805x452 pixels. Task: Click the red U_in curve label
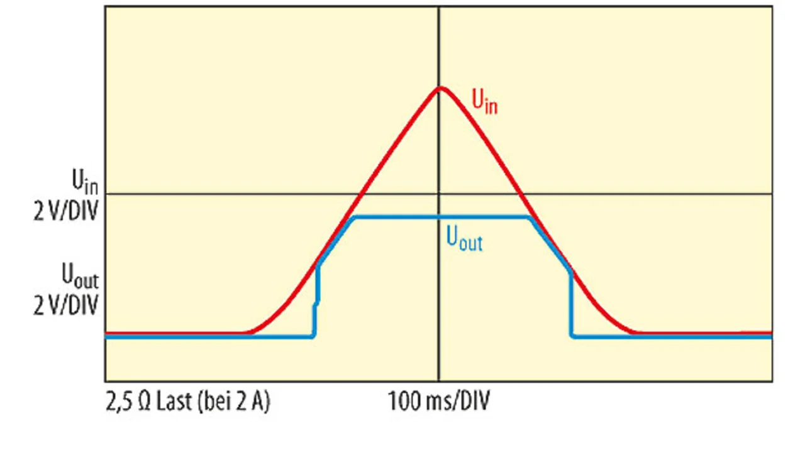pyautogui.click(x=484, y=101)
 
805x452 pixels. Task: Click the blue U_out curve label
pyautogui.click(x=464, y=239)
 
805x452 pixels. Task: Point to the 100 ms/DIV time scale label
pyautogui.click(x=439, y=401)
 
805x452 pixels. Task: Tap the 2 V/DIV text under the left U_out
pyautogui.click(x=67, y=306)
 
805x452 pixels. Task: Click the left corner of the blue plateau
pyautogui.click(x=356, y=218)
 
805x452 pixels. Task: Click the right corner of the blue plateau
pyautogui.click(x=530, y=218)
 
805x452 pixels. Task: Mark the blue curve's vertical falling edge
pyautogui.click(x=571, y=305)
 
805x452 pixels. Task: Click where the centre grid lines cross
pyautogui.click(x=438, y=194)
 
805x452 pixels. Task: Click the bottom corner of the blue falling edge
pyautogui.click(x=572, y=336)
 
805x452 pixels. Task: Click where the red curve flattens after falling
pyautogui.click(x=635, y=333)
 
